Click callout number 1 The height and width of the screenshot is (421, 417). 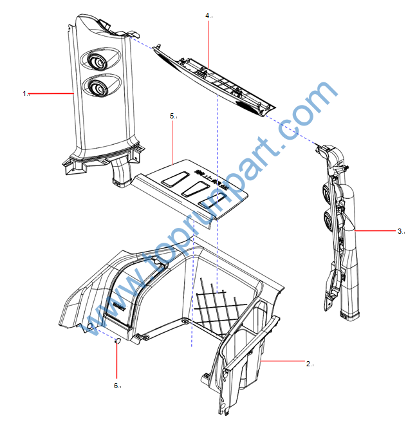coord(25,93)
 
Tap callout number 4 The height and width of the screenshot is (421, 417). coord(208,14)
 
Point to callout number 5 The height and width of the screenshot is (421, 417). coord(172,116)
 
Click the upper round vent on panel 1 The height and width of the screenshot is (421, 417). coord(97,62)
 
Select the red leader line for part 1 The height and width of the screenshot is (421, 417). coord(51,94)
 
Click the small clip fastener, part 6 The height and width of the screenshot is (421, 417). coord(117,341)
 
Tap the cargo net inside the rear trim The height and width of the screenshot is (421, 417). coord(219,306)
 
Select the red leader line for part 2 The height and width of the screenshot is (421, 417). coord(283,363)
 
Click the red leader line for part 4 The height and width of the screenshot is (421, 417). coord(209,42)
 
